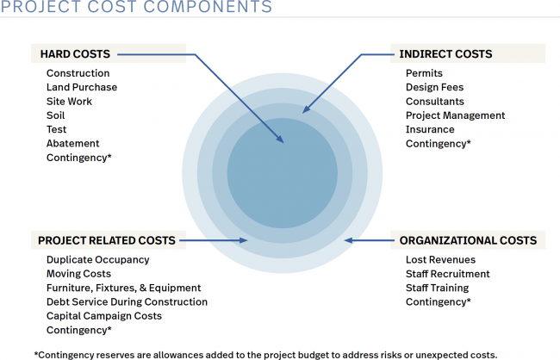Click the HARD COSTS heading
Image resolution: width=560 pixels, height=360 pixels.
75,54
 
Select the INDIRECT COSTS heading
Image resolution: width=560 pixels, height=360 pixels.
445,54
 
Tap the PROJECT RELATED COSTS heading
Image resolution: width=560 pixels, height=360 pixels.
107,240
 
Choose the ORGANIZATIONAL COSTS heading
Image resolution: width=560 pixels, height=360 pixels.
468,240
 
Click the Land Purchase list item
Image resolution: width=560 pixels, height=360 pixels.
82,87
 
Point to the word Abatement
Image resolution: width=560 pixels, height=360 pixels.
72,143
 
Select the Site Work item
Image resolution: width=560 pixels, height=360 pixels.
69,102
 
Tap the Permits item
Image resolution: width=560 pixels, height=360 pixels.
425,73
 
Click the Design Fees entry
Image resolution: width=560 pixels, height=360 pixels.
434,87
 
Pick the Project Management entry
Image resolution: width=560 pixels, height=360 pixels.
455,115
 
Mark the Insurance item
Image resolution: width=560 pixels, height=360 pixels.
430,129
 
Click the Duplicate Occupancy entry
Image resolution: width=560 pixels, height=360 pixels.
97,259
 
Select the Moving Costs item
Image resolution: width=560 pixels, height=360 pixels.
78,274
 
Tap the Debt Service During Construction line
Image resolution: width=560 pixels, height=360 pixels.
127,301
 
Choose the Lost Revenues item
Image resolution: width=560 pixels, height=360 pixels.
440,259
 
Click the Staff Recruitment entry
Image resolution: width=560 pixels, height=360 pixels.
447,274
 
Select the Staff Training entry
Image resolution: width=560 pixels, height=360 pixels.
437,288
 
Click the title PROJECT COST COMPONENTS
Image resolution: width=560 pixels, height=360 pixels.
136,9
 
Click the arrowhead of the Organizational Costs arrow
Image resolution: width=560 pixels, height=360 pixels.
348,240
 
